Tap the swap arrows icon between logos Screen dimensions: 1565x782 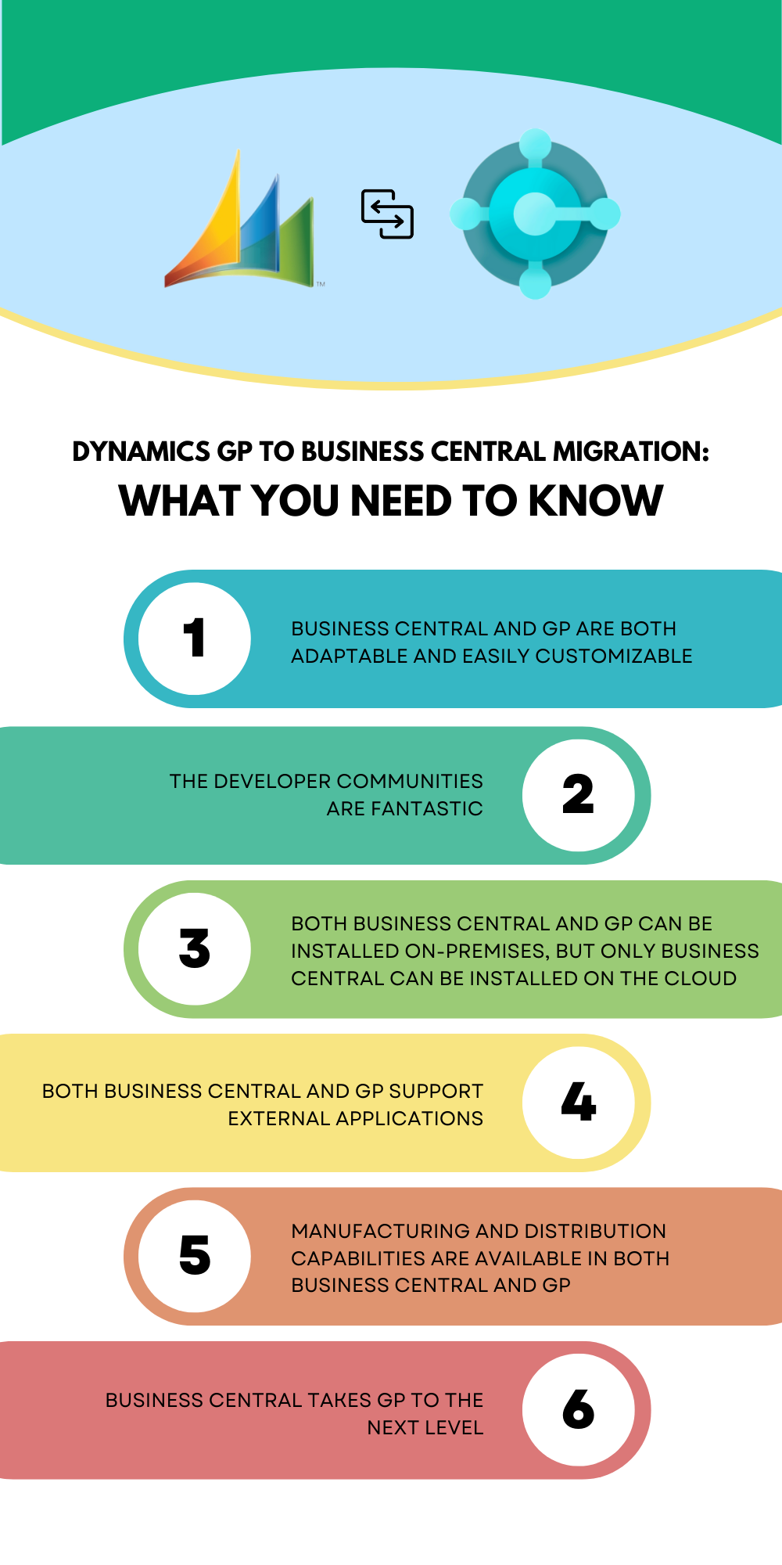[x=387, y=214]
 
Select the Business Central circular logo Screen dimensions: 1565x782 [x=535, y=214]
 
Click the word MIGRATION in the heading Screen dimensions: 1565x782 [x=630, y=452]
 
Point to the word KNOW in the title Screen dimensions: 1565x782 [x=596, y=501]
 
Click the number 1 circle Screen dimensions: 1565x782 [x=195, y=639]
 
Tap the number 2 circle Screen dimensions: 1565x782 [x=579, y=795]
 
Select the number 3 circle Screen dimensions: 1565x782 [x=195, y=948]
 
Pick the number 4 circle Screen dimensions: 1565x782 [x=579, y=1103]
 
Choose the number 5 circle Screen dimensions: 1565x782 [x=195, y=1256]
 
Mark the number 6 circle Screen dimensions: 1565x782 [x=579, y=1410]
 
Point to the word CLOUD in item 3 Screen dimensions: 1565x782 [x=700, y=978]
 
